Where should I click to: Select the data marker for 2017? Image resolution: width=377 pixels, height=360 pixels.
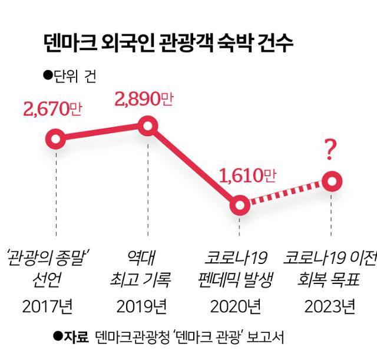pyautogui.click(x=55, y=140)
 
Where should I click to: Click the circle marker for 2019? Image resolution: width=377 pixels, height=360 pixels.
pyautogui.click(x=147, y=125)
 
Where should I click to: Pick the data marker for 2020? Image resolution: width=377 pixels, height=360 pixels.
pyautogui.click(x=239, y=204)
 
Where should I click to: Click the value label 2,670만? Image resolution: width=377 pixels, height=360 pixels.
pyautogui.click(x=52, y=110)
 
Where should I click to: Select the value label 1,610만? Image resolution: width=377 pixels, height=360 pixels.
pyautogui.click(x=247, y=176)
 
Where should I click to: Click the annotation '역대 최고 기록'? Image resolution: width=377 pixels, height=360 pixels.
pyautogui.click(x=143, y=269)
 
